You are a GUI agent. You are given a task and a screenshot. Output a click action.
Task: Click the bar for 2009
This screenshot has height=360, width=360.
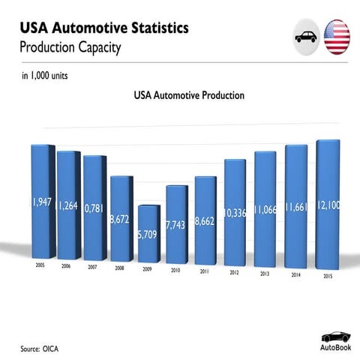(148, 232)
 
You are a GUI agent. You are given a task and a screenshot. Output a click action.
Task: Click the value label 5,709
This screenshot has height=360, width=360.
(148, 234)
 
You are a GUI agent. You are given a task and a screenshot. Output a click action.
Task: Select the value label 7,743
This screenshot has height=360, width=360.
(176, 224)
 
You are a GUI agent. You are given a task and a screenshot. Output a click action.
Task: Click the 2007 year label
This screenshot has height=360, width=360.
(92, 266)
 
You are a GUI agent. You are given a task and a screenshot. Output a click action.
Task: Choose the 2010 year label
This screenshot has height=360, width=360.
(175, 269)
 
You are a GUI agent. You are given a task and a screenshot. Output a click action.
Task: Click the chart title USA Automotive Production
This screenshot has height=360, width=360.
(189, 96)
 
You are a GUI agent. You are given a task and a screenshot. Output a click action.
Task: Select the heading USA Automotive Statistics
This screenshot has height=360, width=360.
(104, 29)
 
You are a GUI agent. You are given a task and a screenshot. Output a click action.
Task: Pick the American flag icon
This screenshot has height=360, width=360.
(337, 37)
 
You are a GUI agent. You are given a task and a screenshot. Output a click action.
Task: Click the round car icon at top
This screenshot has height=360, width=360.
(306, 37)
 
